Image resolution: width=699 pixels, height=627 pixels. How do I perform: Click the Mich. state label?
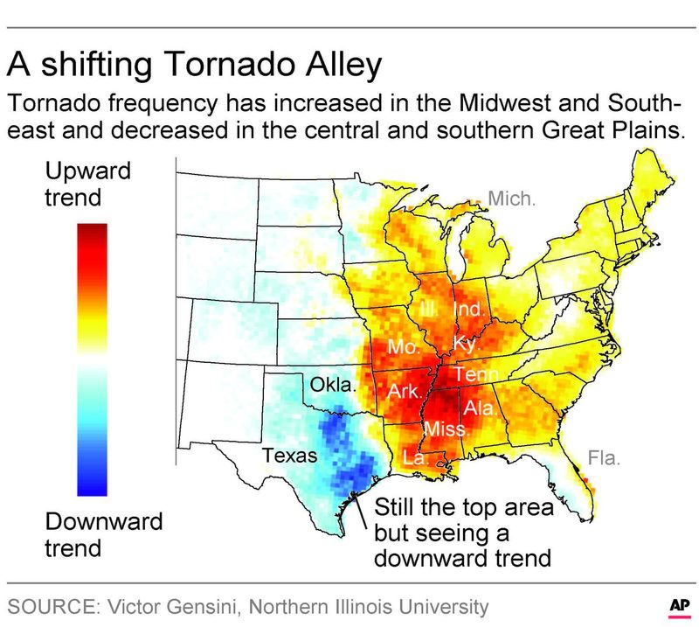511,199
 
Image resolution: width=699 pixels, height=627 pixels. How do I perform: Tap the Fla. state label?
604,458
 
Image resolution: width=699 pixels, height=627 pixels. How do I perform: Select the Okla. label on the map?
333,384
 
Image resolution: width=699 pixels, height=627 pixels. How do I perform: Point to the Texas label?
290,456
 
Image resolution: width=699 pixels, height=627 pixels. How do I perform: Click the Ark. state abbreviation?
404,392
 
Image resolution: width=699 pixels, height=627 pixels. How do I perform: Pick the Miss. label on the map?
446,428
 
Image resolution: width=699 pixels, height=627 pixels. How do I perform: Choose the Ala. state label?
480,408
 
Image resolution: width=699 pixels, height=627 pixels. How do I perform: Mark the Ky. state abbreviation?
466,345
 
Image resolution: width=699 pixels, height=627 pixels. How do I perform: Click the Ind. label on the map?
468,309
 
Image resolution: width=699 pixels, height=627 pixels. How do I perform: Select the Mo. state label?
404,347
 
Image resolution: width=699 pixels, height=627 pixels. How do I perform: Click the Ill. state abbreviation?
430,309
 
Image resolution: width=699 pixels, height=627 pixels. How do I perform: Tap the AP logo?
680,607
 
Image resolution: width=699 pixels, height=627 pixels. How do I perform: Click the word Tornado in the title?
230,64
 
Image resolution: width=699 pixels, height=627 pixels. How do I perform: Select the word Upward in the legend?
88,171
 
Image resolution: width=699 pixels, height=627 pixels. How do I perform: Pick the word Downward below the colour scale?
104,521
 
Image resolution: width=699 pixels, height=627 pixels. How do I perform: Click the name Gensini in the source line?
207,607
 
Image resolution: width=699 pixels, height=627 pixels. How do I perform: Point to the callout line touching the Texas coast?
360,510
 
